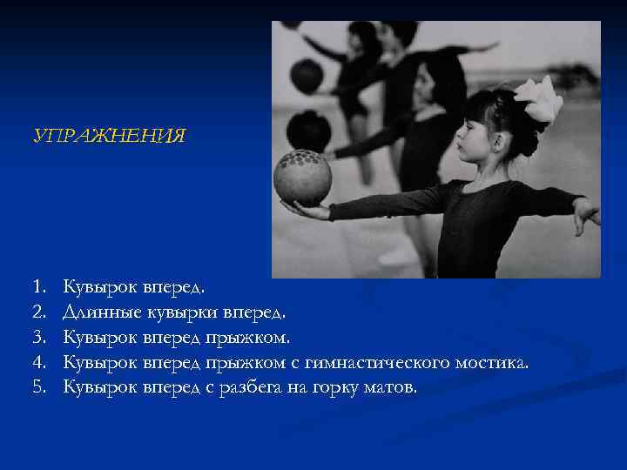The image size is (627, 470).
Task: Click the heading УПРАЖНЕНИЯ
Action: click(x=109, y=137)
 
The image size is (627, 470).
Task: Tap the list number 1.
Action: click(x=37, y=285)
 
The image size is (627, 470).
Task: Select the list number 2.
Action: click(x=37, y=311)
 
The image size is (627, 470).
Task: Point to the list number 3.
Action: click(x=37, y=336)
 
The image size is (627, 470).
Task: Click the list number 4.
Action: click(x=37, y=361)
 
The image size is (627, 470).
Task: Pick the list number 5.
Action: click(x=37, y=386)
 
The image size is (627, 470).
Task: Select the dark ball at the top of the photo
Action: click(x=306, y=77)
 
